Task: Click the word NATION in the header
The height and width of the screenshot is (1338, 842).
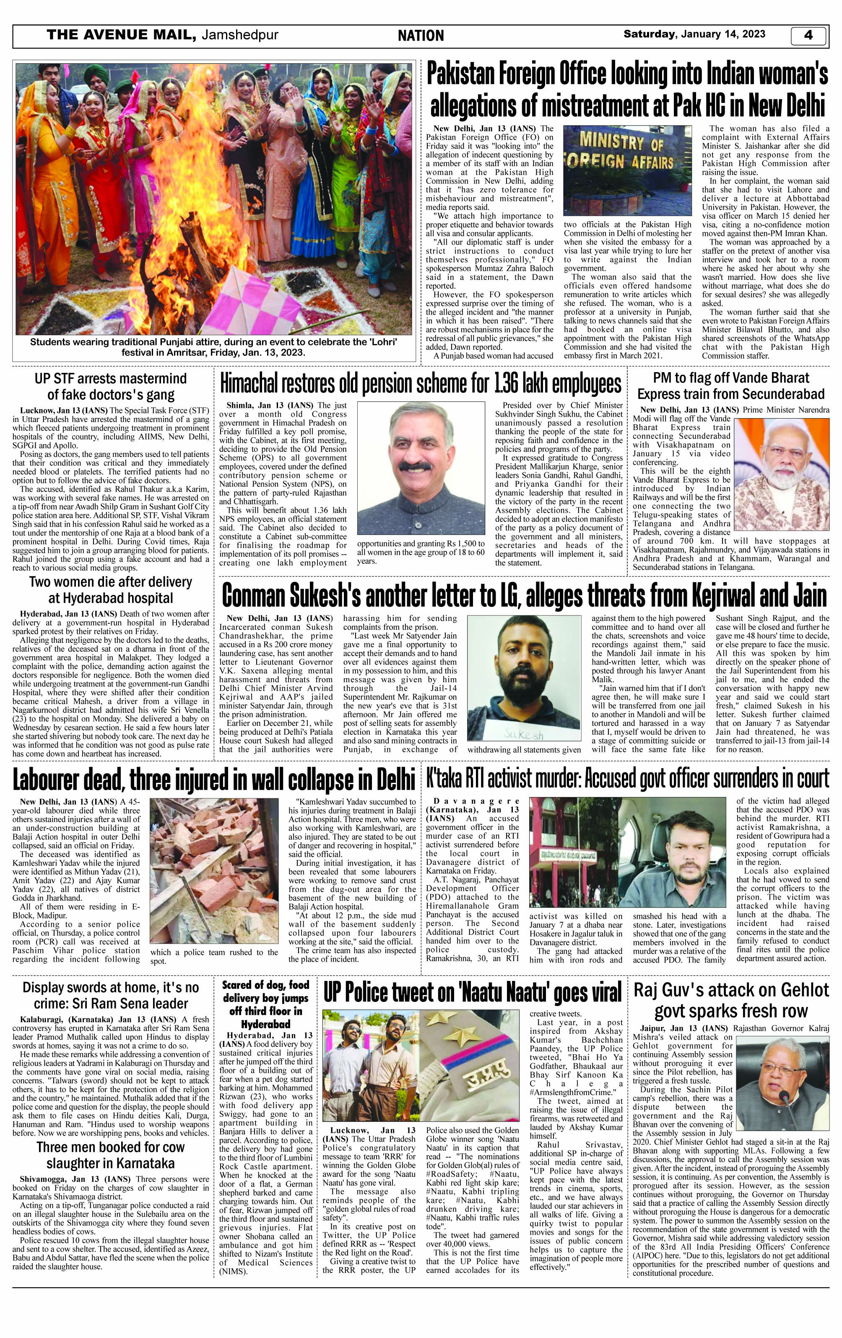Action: [421, 36]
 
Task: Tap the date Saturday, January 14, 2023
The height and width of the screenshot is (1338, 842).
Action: [694, 34]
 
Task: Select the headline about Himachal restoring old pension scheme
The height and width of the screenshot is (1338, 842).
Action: [421, 384]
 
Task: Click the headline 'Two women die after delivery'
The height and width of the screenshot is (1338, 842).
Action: [111, 589]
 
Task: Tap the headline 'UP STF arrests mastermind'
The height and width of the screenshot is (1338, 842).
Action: [111, 387]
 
